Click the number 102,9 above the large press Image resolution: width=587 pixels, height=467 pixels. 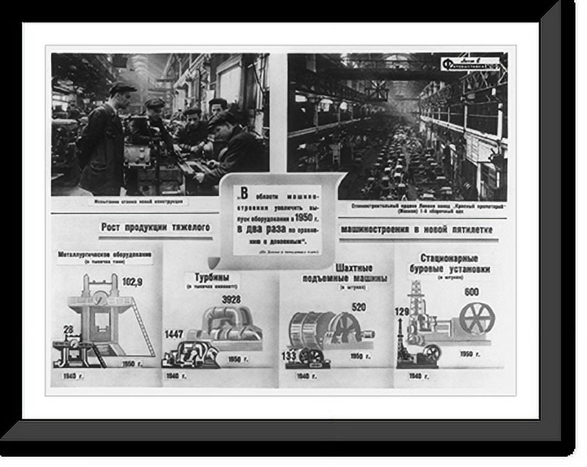click(x=132, y=282)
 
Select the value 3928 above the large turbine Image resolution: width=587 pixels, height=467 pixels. click(x=231, y=299)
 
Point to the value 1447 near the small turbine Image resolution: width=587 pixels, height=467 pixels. click(x=173, y=334)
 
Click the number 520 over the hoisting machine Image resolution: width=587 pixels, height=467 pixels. click(x=359, y=307)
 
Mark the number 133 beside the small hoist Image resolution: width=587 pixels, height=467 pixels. click(x=288, y=356)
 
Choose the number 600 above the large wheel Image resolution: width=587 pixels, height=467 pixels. click(x=471, y=292)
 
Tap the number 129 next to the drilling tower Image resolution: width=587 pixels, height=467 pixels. click(x=401, y=312)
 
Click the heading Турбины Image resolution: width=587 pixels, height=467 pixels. click(x=212, y=277)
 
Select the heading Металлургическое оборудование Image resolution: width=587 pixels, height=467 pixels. click(x=105, y=254)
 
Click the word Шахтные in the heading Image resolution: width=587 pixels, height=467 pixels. click(x=354, y=267)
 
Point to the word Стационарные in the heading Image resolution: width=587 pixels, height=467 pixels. click(x=454, y=257)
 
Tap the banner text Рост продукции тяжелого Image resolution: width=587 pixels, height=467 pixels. click(x=155, y=227)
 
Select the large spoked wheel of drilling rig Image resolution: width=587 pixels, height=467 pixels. click(x=476, y=318)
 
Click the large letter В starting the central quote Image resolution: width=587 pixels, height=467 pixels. click(x=244, y=192)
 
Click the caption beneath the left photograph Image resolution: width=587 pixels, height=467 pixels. click(x=138, y=202)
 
